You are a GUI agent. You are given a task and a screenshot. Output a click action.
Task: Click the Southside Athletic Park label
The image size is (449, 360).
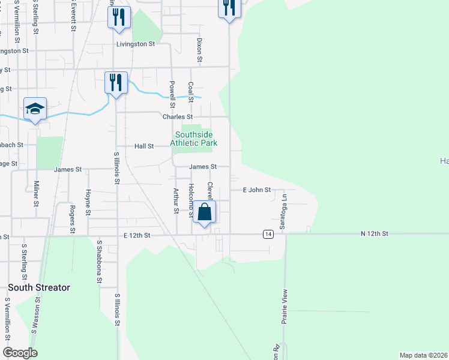click(x=193, y=139)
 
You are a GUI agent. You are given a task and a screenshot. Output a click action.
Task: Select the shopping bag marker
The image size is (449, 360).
click(x=204, y=212)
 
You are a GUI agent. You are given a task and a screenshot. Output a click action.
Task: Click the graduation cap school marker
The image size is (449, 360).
click(x=35, y=109)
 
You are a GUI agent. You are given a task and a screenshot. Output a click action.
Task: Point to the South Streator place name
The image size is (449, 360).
click(x=39, y=287)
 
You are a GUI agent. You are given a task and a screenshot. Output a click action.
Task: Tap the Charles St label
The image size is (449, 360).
click(x=178, y=116)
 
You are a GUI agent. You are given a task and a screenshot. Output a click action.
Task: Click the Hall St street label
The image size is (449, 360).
click(x=144, y=146)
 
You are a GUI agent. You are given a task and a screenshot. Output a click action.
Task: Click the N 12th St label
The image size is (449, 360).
click(x=375, y=233)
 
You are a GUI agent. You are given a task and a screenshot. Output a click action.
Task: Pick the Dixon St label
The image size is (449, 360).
click(x=199, y=51)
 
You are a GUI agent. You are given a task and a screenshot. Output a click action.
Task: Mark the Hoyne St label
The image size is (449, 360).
click(x=88, y=202)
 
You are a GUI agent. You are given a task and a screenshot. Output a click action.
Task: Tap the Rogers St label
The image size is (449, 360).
click(x=72, y=219)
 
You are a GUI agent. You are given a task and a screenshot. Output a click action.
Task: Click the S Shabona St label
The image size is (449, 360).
click(x=99, y=262)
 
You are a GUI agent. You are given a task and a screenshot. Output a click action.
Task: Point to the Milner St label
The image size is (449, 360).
click(x=36, y=194)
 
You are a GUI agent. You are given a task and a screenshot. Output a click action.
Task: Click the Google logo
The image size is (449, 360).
click(x=20, y=353)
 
